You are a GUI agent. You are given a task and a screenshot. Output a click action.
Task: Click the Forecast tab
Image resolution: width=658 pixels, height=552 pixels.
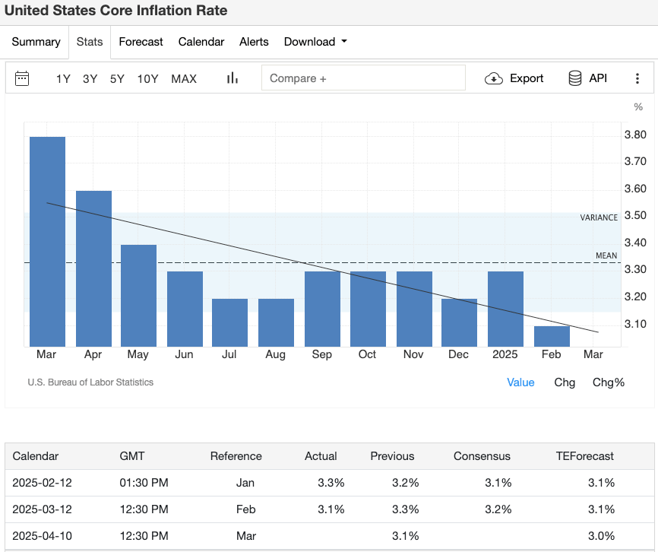click(141, 42)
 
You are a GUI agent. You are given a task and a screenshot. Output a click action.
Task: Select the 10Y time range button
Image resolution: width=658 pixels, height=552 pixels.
click(147, 78)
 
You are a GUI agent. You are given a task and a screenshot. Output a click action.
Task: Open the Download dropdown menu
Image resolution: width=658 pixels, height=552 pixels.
click(315, 42)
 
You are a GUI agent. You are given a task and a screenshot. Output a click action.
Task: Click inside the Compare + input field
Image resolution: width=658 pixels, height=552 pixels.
click(363, 78)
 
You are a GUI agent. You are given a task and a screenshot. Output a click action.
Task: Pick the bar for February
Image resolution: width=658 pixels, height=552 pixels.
click(552, 336)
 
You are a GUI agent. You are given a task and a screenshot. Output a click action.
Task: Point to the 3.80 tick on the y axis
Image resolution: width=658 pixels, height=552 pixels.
click(634, 135)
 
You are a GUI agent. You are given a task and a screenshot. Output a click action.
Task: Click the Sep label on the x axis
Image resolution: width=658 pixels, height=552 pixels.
click(321, 355)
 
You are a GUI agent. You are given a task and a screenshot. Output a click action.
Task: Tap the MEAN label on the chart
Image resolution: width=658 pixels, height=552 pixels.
click(606, 255)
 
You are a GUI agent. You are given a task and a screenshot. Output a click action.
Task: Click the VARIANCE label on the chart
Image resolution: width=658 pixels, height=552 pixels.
click(599, 217)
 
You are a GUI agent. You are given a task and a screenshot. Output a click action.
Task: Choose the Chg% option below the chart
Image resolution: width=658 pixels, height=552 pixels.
click(608, 382)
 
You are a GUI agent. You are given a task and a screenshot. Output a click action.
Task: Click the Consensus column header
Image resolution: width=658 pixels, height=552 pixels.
click(482, 456)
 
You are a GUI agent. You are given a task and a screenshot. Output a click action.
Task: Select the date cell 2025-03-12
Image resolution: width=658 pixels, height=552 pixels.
click(43, 509)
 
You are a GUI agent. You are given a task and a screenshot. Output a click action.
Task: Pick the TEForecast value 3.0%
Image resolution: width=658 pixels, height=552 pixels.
click(600, 535)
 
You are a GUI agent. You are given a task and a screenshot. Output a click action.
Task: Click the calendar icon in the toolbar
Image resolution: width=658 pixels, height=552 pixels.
click(22, 78)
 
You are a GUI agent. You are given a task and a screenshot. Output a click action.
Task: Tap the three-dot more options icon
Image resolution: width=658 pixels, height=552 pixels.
click(637, 78)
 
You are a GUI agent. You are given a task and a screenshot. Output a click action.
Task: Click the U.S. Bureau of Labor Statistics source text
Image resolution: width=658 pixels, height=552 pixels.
click(90, 382)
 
